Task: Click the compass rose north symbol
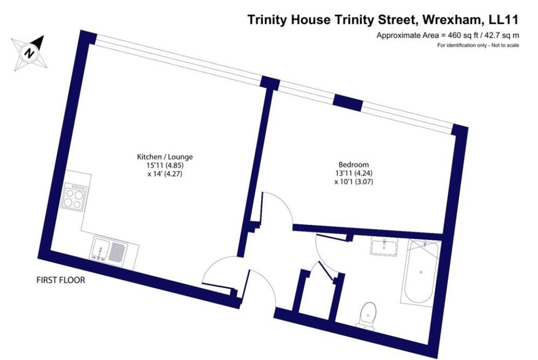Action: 30,53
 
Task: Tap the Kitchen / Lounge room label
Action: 165,157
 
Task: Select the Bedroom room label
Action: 354,165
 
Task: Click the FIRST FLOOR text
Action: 61,280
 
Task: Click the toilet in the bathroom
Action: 367,314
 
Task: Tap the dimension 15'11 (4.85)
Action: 165,165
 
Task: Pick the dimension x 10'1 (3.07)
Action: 354,182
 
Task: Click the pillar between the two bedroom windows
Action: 348,102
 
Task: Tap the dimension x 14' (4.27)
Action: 165,174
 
